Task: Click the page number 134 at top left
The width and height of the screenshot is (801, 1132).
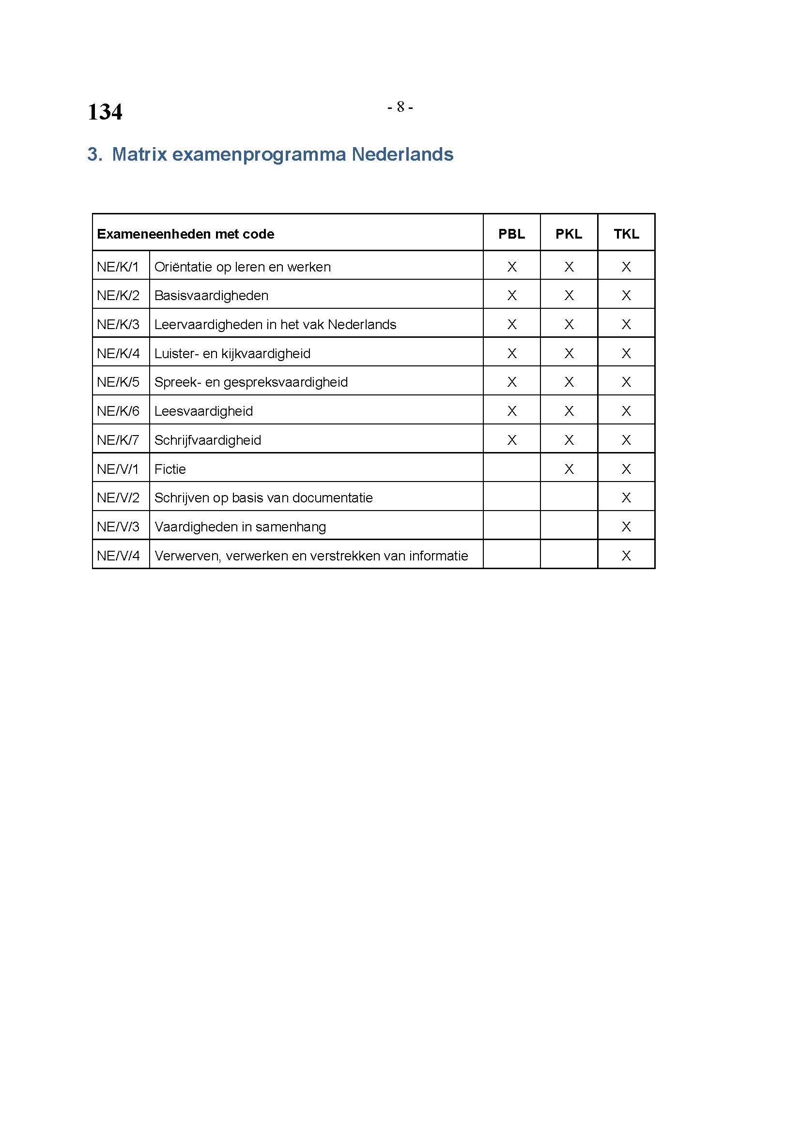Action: coord(105,112)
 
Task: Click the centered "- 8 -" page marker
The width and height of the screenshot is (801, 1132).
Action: coord(400,106)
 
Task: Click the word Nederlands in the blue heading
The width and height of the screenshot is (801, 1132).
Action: coord(402,154)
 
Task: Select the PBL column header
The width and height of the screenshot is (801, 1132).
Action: coord(511,234)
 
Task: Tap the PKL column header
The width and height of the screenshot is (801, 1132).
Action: coord(569,234)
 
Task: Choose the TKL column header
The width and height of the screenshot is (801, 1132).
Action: coord(626,234)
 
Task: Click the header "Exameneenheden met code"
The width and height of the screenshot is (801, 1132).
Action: coord(185,234)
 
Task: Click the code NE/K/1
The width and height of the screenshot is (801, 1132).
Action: coord(118,267)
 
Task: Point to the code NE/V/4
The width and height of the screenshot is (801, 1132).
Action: coord(118,556)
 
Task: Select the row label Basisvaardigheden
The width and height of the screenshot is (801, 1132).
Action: coord(211,295)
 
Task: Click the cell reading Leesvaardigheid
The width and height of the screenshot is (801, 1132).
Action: coord(203,411)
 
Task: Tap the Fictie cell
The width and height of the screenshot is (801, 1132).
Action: coord(170,469)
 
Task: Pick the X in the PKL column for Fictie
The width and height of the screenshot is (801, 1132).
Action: coord(569,469)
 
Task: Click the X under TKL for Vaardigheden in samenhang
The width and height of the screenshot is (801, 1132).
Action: coord(626,527)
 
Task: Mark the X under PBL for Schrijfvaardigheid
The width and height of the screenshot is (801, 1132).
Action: coord(511,440)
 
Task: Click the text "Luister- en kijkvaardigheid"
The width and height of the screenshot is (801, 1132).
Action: coord(232,353)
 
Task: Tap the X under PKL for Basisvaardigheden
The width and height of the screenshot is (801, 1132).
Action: coord(569,295)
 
